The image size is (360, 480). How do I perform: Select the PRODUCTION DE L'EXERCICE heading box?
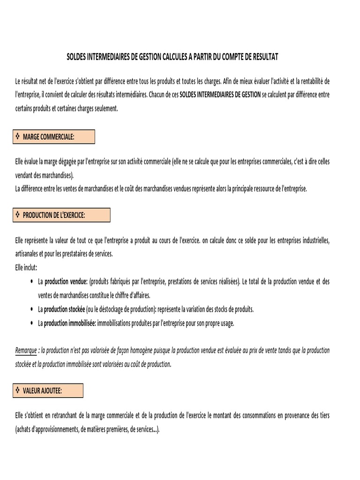(x=60, y=215)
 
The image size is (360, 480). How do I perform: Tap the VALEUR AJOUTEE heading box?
(x=47, y=390)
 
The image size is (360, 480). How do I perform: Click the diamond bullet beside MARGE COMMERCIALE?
(x=17, y=136)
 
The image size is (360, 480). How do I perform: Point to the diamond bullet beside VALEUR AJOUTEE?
(x=17, y=390)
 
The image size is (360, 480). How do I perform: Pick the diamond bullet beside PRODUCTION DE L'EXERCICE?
(x=17, y=215)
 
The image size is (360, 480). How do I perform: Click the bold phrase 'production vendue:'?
(x=66, y=282)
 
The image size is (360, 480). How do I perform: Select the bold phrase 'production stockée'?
(x=64, y=309)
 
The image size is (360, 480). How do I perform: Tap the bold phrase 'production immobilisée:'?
(x=70, y=323)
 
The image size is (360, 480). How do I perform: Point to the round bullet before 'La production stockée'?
(x=31, y=309)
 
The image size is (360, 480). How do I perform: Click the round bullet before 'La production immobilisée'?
(x=31, y=323)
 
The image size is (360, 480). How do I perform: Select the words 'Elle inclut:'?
(x=26, y=267)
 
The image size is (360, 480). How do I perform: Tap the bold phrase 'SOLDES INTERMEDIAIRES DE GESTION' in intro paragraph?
(x=220, y=94)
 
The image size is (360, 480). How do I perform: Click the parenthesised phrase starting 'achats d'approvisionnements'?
(x=87, y=429)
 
